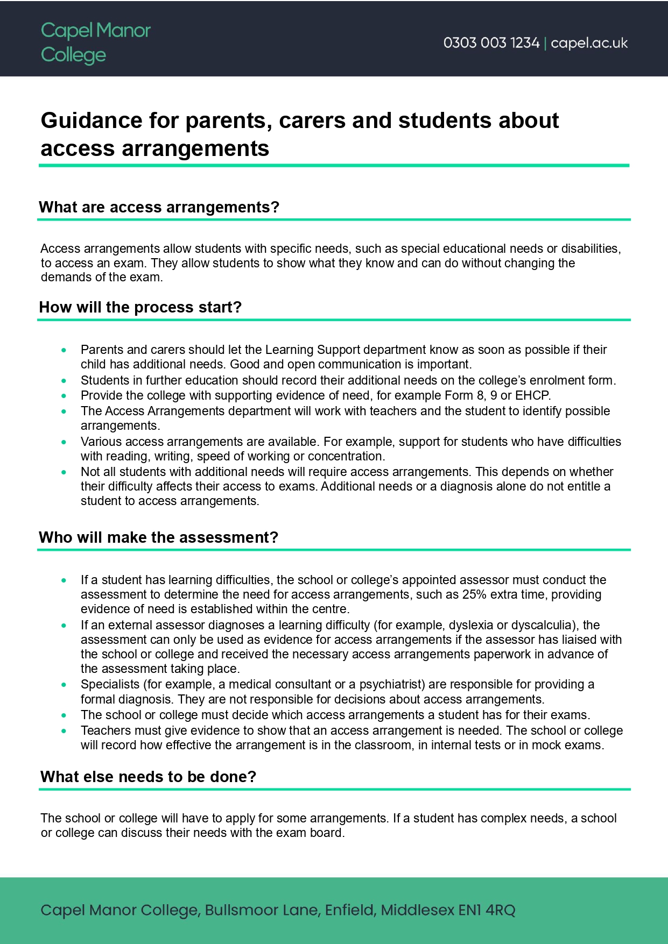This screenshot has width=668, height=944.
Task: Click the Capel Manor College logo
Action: point(95,42)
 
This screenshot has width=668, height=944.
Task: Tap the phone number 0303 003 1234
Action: point(491,43)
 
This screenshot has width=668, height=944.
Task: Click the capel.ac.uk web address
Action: point(589,43)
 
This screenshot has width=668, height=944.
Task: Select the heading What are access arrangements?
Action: point(159,207)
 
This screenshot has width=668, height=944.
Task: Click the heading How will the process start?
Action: point(140,307)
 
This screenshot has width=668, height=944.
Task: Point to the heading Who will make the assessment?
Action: point(159,537)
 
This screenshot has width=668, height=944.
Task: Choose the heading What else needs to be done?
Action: point(149,777)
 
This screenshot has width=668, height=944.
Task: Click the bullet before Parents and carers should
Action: point(64,350)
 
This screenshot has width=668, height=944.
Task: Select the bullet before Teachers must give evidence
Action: point(64,731)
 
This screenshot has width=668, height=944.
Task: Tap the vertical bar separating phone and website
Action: point(545,43)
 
